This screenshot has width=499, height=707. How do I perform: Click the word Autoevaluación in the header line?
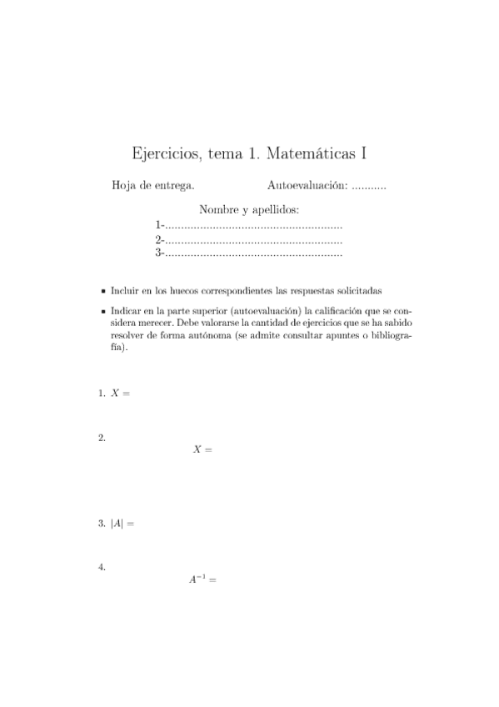click(307, 185)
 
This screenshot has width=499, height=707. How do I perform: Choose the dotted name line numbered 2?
click(253, 239)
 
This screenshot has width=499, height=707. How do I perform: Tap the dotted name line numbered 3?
click(253, 252)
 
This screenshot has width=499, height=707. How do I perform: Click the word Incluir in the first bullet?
click(123, 292)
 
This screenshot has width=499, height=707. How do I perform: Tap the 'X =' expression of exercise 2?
click(203, 449)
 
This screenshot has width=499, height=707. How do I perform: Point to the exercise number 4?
click(102, 568)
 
